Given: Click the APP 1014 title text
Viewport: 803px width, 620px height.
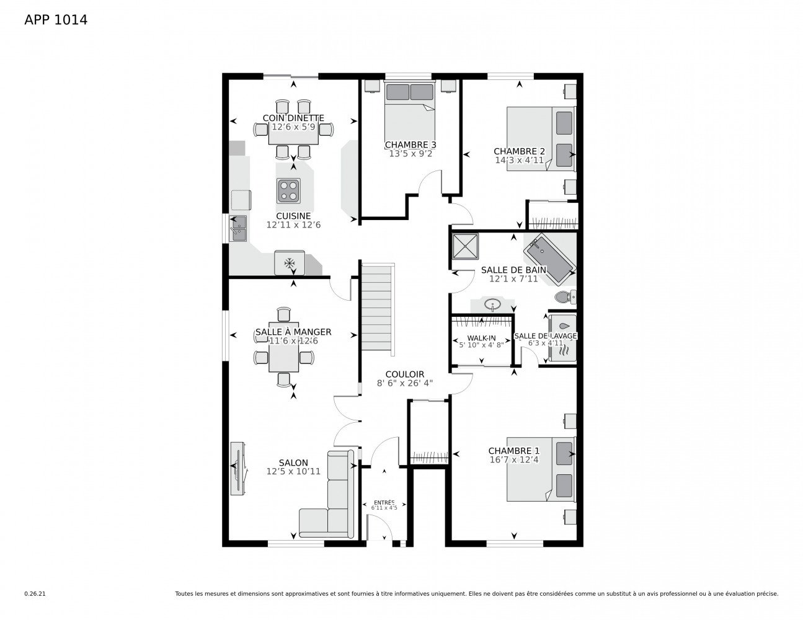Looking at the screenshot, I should tap(56, 20).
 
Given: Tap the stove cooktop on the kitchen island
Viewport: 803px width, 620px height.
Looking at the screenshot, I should tap(288, 191).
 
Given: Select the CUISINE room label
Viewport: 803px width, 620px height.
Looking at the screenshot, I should tap(293, 216).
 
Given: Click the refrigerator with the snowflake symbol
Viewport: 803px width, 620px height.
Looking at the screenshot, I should tap(289, 263).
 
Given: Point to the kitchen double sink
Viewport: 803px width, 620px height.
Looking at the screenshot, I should tap(238, 228).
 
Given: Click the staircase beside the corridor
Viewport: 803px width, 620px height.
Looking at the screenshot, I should tap(378, 308).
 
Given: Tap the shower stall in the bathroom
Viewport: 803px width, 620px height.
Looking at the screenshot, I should tap(466, 246).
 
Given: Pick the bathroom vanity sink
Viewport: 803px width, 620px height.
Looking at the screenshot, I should tap(492, 305).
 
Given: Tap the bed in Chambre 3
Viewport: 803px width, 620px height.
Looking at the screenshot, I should tap(409, 118).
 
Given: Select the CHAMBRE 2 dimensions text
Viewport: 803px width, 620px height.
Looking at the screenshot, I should tap(519, 160).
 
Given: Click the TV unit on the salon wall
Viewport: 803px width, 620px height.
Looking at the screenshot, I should tap(237, 468).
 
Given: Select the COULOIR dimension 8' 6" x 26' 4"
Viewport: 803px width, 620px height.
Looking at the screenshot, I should tap(405, 383).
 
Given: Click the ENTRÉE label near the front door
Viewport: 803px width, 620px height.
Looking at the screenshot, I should tap(384, 502).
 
